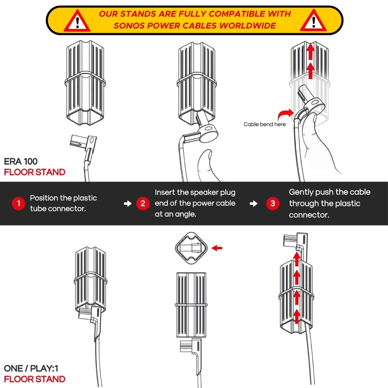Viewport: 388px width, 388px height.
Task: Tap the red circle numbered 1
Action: point(18,203)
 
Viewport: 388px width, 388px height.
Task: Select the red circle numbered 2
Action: point(143,203)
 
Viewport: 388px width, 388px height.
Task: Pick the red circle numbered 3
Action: point(273,203)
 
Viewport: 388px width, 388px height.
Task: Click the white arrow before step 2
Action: point(128,203)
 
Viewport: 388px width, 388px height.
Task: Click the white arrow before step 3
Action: point(254,203)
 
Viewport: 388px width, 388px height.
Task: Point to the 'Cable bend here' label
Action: point(264,124)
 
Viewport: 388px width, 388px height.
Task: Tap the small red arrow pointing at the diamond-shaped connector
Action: point(217,248)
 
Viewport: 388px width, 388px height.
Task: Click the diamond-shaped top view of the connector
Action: point(191,248)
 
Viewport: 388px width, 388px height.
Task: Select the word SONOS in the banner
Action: point(129,26)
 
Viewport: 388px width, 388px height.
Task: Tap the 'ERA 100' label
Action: point(21,161)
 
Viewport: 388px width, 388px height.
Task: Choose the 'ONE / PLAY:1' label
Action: point(31,368)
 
